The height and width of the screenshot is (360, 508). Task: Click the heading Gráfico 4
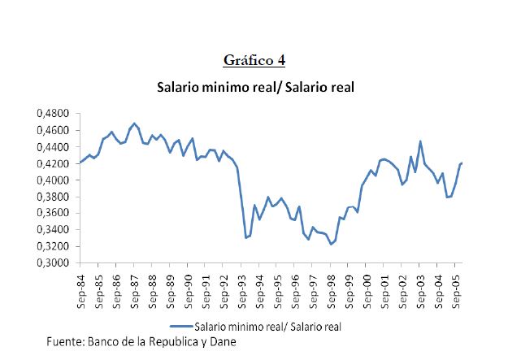(x=254, y=61)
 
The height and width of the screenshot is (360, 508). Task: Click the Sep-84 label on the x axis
(x=80, y=287)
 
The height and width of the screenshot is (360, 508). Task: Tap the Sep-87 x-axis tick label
(x=134, y=287)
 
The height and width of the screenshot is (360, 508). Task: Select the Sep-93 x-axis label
(x=241, y=287)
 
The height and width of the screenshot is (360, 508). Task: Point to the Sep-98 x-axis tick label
(x=331, y=287)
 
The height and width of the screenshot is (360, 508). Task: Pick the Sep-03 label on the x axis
(x=420, y=287)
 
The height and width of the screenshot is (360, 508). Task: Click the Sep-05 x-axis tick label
(x=456, y=287)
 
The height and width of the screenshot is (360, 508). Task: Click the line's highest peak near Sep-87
(x=134, y=124)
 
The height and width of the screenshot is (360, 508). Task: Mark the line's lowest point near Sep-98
(x=331, y=244)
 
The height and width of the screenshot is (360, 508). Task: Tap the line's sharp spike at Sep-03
(x=420, y=141)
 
